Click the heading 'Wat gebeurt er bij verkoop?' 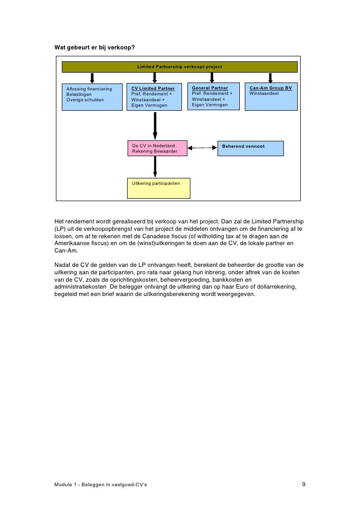pos(93,47)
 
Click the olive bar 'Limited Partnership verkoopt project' pos(180,67)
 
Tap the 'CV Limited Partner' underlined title pos(153,88)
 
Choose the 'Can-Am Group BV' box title pos(270,88)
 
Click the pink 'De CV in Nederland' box pos(157,148)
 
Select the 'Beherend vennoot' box pos(251,148)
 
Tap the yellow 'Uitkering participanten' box pos(159,188)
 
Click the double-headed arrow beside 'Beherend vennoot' pos(203,148)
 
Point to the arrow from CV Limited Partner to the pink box pos(155,126)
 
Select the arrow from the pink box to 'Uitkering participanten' pos(155,167)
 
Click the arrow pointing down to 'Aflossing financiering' pos(92,78)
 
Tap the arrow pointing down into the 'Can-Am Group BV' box pos(270,78)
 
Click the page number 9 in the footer pos(304,484)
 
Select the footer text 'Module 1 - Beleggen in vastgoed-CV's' pos(100,485)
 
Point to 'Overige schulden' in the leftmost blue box pos(86,99)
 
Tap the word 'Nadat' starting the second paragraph pos(63,264)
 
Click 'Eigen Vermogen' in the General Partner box pos(210,105)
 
